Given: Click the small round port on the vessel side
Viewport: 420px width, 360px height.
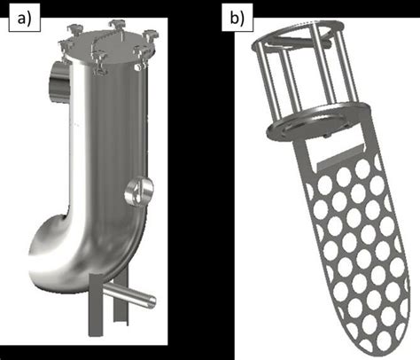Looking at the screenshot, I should (x=138, y=191).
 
